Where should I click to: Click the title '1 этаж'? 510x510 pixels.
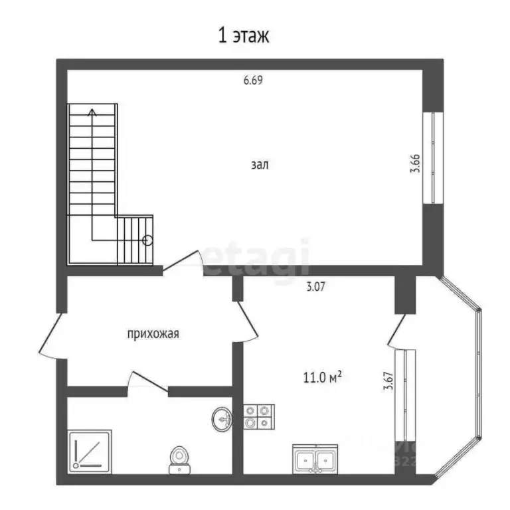(244, 35)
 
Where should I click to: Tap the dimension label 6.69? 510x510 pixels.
(254, 81)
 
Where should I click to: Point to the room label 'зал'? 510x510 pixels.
(260, 165)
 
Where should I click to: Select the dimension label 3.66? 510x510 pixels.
(415, 163)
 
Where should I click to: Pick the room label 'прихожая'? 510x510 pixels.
(153, 334)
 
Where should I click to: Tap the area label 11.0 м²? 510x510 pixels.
(322, 378)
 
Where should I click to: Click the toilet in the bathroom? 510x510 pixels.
(178, 458)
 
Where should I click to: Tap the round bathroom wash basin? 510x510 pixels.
(222, 418)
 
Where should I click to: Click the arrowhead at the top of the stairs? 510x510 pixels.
(92, 111)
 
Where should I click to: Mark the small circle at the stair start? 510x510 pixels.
(148, 242)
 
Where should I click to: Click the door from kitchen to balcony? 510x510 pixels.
(397, 330)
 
